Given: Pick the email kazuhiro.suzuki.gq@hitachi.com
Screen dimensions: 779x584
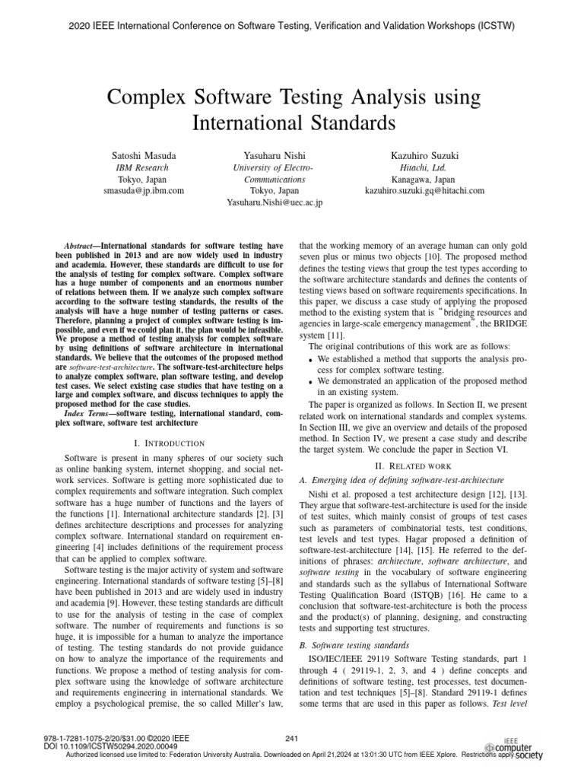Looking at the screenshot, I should [x=424, y=190].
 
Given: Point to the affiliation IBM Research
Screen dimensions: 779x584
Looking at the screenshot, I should [x=141, y=167].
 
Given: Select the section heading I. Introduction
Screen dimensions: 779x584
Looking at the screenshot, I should [x=164, y=443].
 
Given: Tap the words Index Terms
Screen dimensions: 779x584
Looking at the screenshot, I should [x=87, y=413].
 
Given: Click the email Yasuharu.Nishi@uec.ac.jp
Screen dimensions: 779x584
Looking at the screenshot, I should [x=275, y=202].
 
